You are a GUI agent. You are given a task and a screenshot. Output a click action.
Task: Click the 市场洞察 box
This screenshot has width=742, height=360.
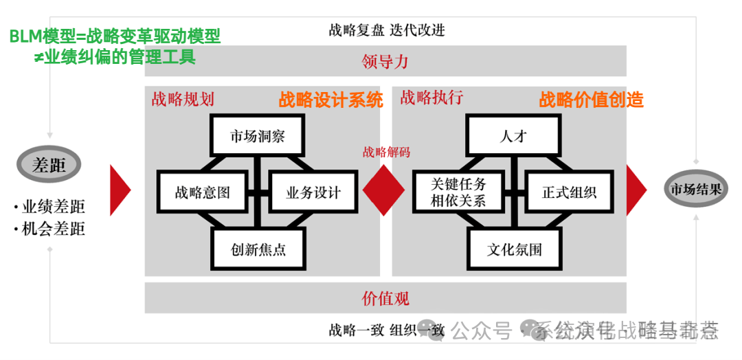point(257,136)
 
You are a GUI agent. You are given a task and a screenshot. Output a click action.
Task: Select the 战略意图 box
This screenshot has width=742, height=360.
point(202,192)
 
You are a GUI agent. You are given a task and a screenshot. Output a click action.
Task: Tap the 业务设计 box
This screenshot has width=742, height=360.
point(313,192)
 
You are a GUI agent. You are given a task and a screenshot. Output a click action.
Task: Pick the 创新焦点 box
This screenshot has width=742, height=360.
point(258,249)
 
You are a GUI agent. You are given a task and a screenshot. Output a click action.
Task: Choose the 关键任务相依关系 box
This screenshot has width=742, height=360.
point(458,192)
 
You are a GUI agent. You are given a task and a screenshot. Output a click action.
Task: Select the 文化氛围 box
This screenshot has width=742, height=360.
point(515,249)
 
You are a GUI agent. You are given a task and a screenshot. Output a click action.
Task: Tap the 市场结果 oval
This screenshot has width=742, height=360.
point(695,189)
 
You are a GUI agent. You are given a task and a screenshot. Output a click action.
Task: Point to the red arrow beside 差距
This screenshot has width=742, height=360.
point(120,190)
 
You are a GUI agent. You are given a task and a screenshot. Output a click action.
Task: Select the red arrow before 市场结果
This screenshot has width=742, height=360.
point(636,190)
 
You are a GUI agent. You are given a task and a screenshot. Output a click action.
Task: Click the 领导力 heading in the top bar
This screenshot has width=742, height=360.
point(385,62)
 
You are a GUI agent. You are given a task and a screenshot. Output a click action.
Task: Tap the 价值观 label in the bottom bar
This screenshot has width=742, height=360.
point(385,298)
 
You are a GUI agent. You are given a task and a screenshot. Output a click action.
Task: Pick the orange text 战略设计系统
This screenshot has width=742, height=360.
point(330,100)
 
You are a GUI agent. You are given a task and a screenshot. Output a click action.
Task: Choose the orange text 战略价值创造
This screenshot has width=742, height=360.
point(591,100)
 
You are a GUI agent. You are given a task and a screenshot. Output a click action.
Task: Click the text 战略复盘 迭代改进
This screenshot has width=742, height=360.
point(386,30)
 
